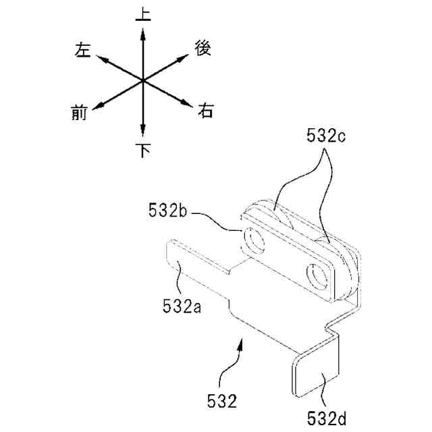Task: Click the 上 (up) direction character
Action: click(143, 14)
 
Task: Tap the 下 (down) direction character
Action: click(143, 150)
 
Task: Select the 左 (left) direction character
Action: click(82, 49)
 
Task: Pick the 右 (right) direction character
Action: click(205, 111)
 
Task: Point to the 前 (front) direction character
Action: click(79, 113)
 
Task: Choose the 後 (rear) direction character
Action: click(203, 48)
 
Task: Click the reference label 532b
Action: click(167, 210)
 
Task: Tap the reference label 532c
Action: click(326, 136)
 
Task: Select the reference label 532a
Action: click(182, 306)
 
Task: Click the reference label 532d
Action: click(327, 418)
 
